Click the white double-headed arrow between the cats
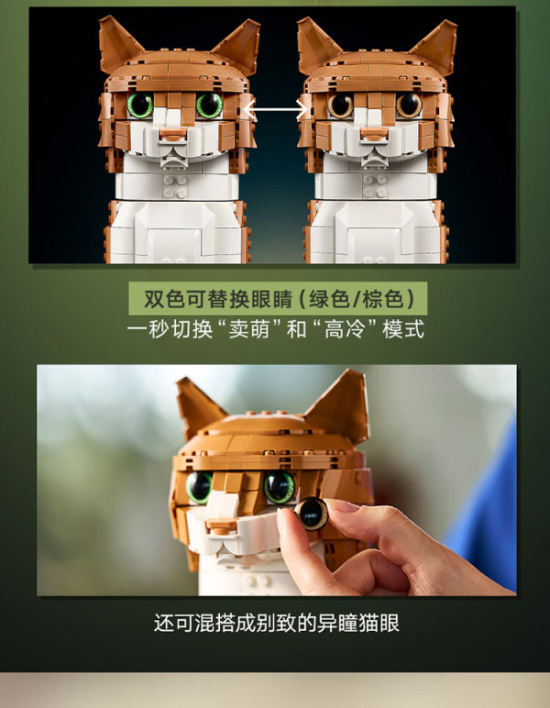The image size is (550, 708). tap(276, 110)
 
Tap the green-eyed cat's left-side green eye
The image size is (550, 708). tap(140, 105)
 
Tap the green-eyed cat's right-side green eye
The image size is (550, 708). tap(209, 105)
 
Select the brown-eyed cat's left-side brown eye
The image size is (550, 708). tap(340, 105)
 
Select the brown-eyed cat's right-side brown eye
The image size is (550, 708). tap(409, 105)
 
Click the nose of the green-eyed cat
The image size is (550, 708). tap(173, 134)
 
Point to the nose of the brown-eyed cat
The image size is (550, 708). tap(374, 134)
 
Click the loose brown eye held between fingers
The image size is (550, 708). tap(312, 514)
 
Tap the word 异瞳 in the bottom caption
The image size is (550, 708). tap(337, 623)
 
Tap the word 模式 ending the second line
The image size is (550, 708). tap(404, 328)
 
